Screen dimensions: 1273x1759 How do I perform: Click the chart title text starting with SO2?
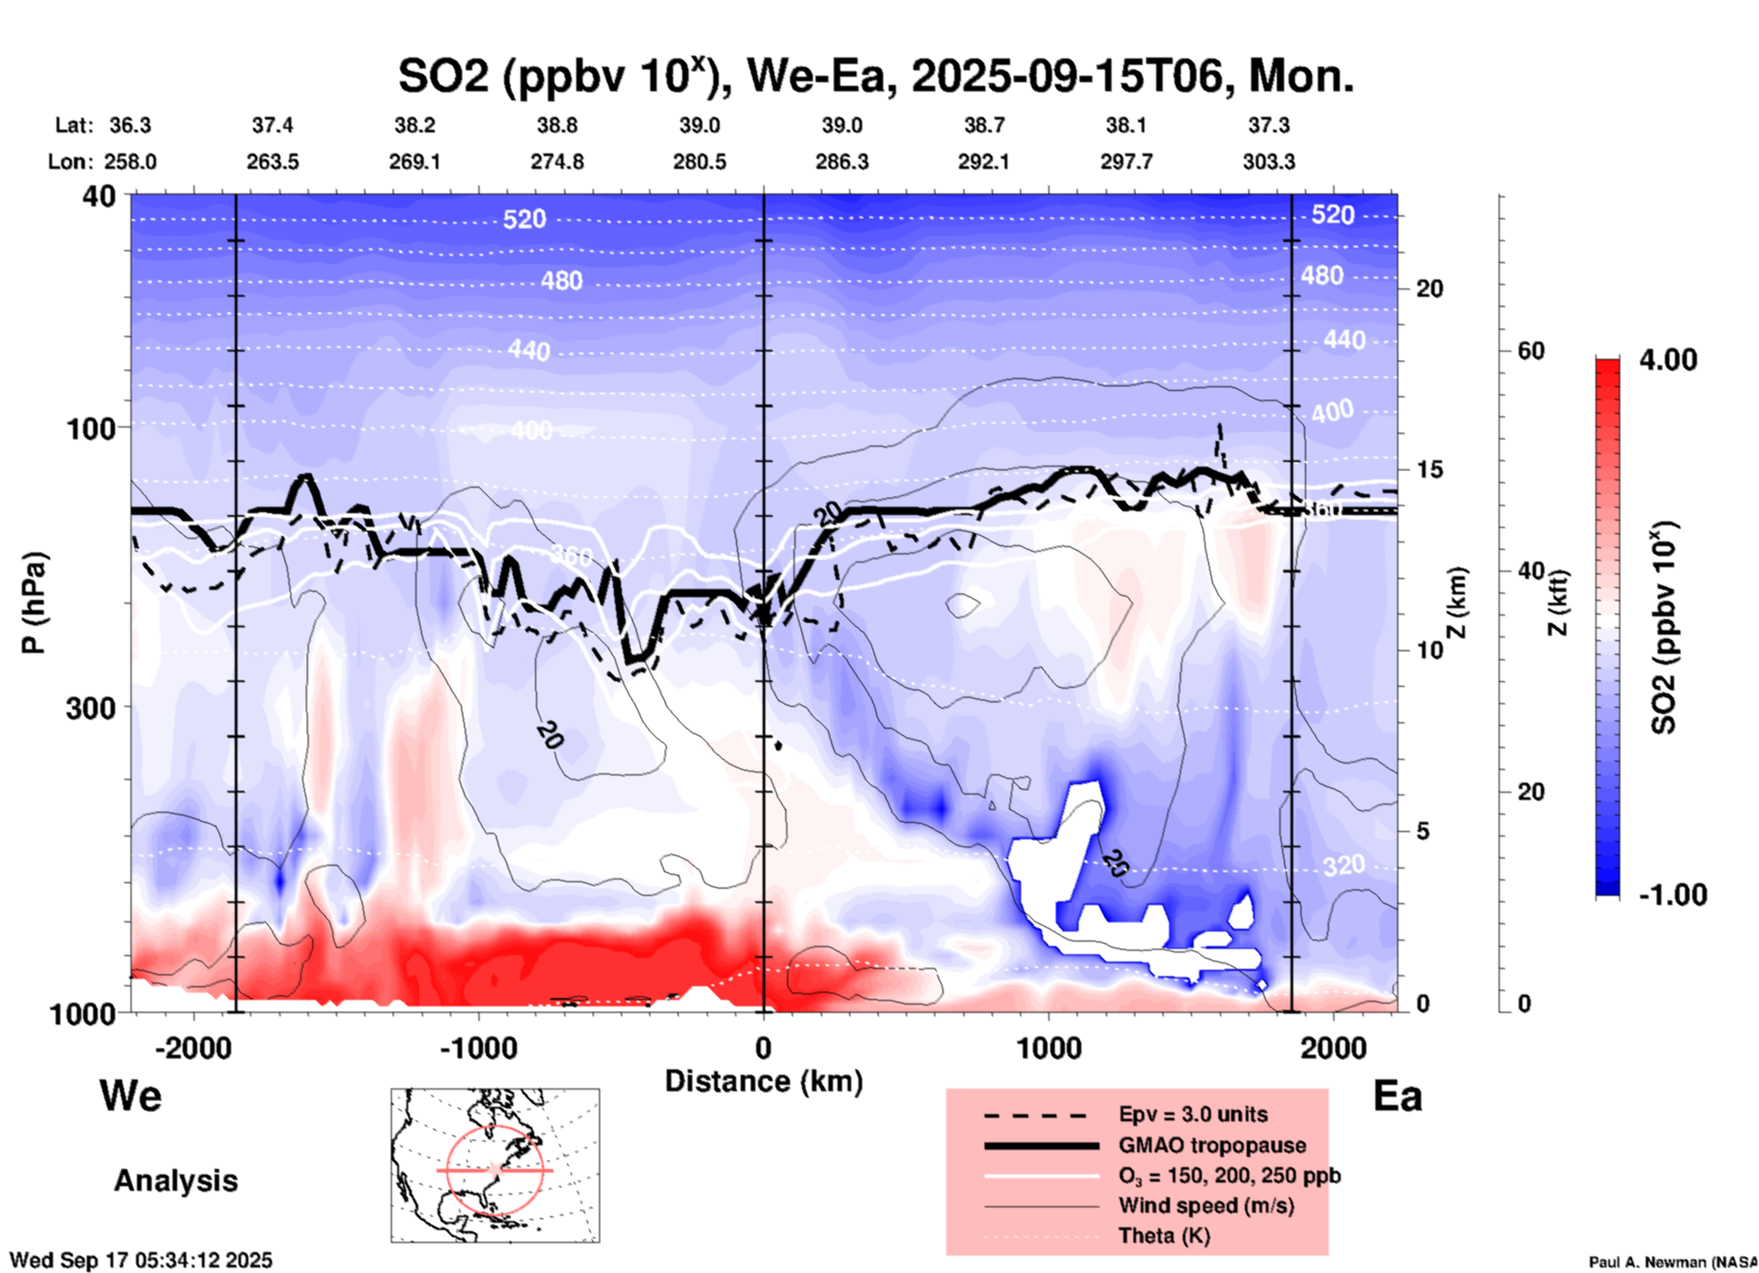point(875,77)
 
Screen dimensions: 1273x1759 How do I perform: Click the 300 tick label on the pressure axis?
point(91,708)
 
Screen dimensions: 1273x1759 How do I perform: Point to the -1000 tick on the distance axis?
point(479,1047)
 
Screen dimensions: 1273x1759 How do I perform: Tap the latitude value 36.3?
point(130,125)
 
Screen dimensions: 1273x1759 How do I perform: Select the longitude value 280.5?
point(700,162)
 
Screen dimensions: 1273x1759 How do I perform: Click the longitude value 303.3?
point(1269,162)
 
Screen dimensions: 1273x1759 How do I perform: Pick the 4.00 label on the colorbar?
point(1668,360)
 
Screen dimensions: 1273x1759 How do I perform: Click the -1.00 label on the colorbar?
point(1672,895)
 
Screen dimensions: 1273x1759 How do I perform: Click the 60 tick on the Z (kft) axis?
point(1531,351)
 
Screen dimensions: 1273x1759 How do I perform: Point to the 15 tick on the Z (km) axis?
point(1429,469)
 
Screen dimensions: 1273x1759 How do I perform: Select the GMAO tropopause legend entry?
point(1212,1145)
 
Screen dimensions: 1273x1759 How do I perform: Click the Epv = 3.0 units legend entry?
point(1193,1114)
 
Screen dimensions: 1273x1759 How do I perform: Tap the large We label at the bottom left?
point(131,1095)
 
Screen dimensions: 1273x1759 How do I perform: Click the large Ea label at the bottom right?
point(1397,1096)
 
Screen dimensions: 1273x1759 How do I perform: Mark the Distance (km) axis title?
point(764,1081)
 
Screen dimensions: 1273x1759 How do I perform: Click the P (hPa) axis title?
point(34,603)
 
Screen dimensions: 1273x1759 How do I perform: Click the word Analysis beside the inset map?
point(175,1181)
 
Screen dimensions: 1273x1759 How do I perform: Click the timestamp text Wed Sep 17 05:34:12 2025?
point(141,1260)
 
